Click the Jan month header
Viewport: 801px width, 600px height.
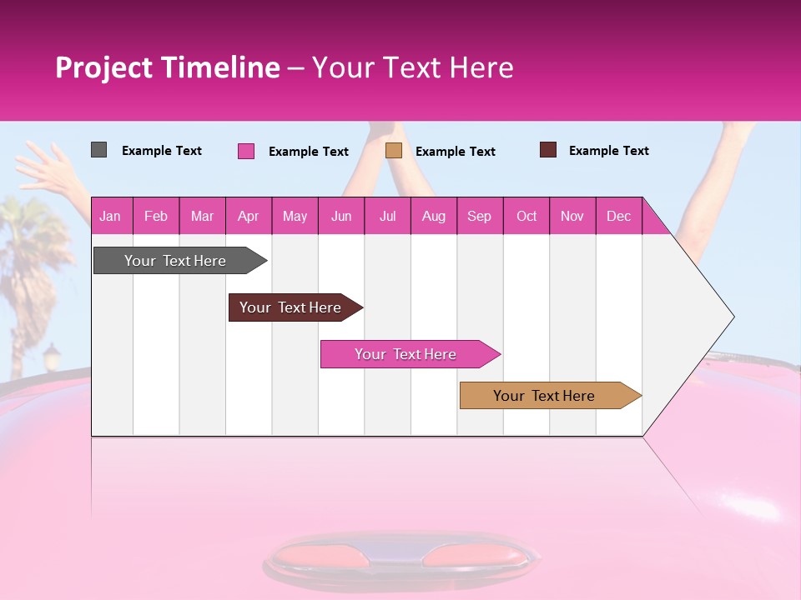(110, 216)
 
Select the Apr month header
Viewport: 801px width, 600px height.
(249, 216)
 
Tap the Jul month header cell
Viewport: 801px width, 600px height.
(388, 216)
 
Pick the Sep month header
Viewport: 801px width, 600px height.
(479, 216)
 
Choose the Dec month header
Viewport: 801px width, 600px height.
(618, 216)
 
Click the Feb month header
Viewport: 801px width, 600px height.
(156, 216)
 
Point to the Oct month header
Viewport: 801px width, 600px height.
(526, 216)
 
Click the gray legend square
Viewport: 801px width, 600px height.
(98, 150)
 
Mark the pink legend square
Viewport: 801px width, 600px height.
(246, 151)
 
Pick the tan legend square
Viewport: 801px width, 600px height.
(394, 150)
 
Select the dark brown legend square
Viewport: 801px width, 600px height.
(548, 150)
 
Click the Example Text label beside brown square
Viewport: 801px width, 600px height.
(608, 151)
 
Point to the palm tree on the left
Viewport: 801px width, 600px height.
(33, 242)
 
